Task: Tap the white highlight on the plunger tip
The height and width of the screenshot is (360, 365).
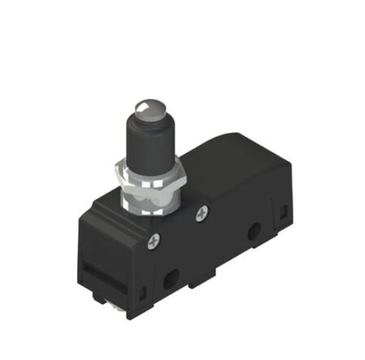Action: tap(142, 103)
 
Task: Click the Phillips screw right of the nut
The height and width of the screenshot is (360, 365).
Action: tap(201, 214)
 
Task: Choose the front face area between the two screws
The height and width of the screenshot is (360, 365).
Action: tap(182, 235)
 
